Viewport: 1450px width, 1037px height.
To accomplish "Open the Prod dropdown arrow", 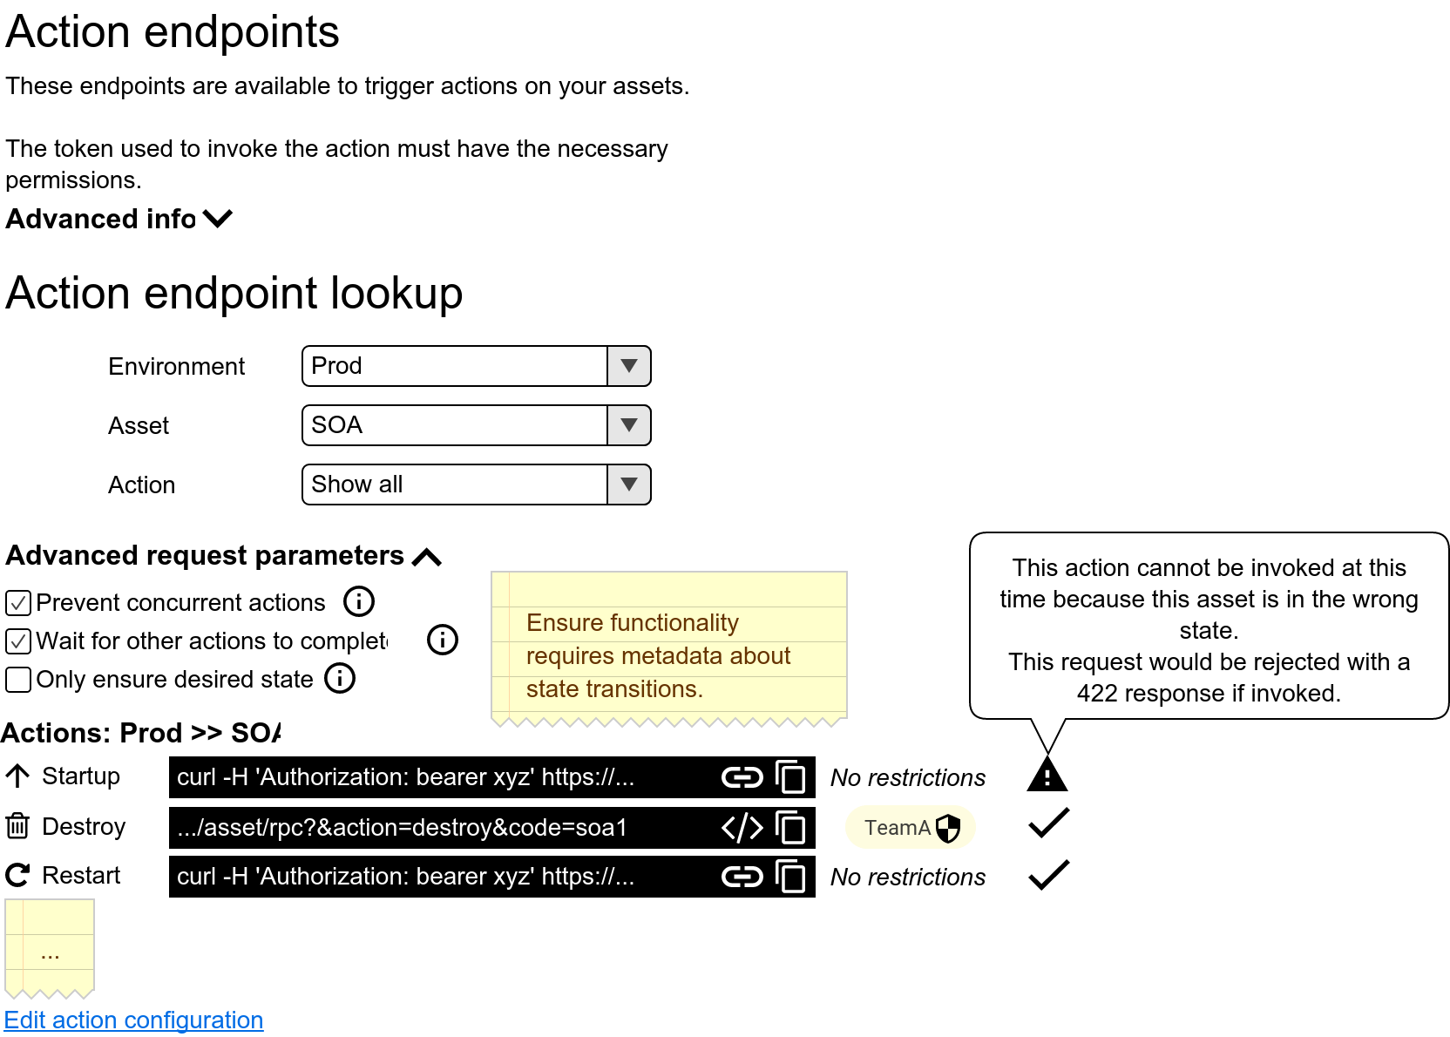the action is click(x=628, y=366).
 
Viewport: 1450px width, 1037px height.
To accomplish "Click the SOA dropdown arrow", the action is click(x=628, y=425).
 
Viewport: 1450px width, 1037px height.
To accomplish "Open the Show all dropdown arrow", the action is click(x=628, y=485).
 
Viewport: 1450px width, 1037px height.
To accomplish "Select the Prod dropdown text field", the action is click(x=454, y=366).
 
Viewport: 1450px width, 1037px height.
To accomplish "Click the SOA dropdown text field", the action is click(x=454, y=425).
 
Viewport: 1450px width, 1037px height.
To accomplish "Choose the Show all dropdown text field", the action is click(x=454, y=485).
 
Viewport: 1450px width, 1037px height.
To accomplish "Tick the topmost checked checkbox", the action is click(x=18, y=603).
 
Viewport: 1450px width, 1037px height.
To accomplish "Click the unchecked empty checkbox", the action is click(x=18, y=680).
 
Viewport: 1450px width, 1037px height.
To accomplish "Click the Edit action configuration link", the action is click(x=133, y=1020).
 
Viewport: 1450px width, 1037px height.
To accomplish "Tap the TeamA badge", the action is click(x=897, y=828).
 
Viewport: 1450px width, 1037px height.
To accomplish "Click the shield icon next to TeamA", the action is click(x=948, y=828).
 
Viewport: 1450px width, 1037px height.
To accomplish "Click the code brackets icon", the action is click(x=742, y=828).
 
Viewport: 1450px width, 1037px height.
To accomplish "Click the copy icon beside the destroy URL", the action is click(x=790, y=828).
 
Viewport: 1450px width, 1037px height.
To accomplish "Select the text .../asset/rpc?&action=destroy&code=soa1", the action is click(x=402, y=828).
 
